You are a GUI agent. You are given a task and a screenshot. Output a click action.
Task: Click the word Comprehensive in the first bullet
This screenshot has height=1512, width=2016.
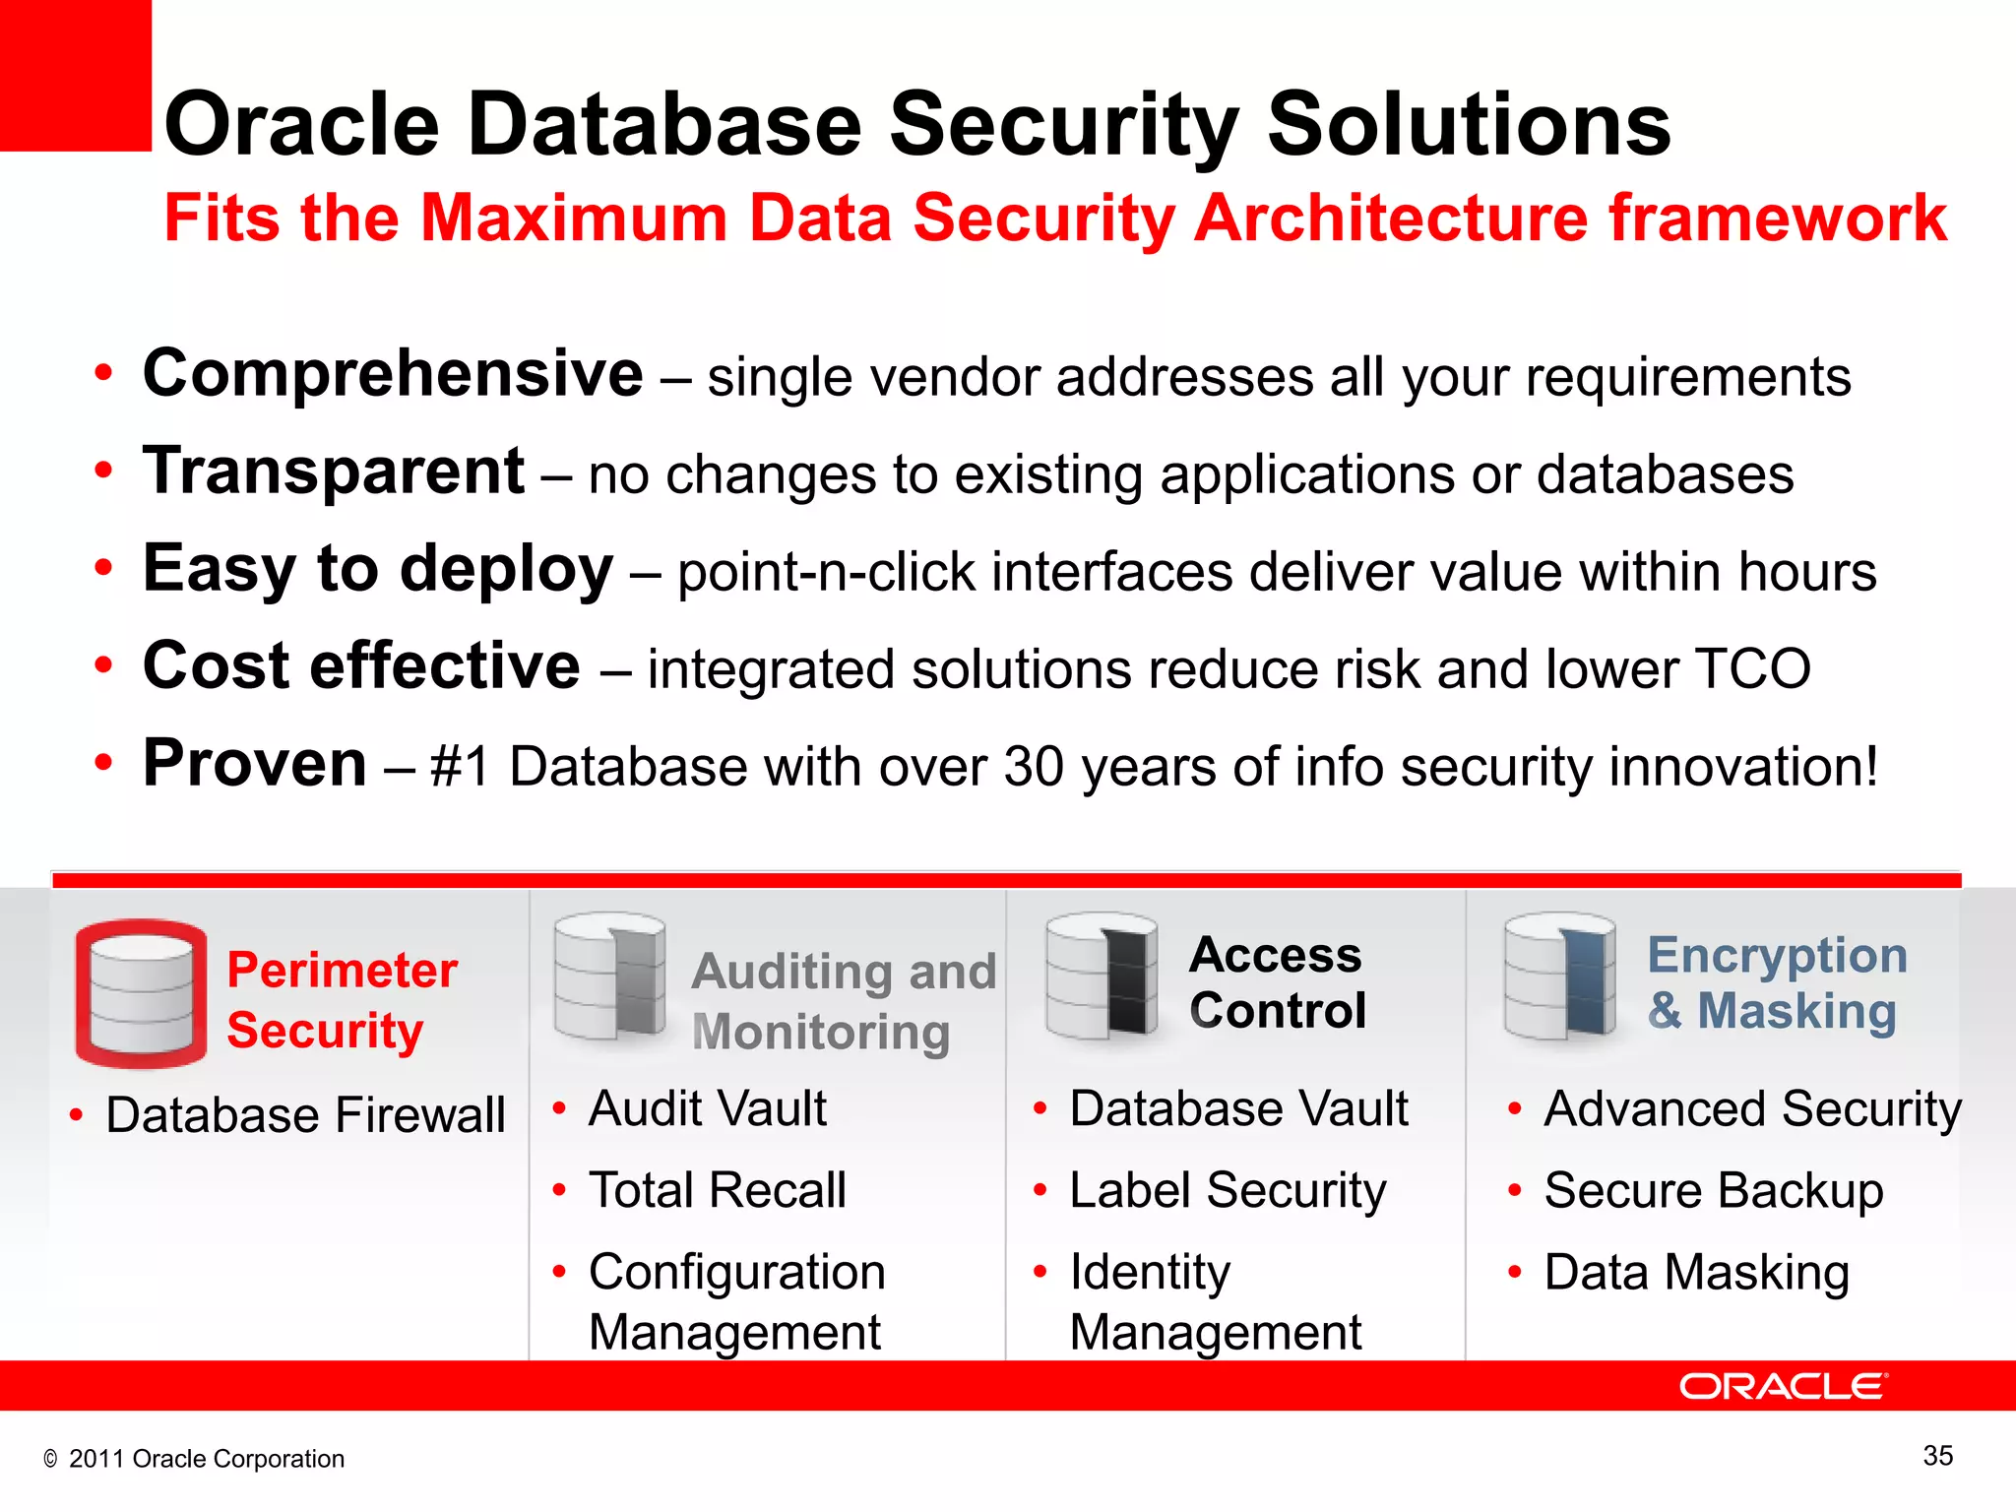[392, 374]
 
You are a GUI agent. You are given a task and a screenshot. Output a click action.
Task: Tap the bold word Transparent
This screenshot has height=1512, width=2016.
[334, 472]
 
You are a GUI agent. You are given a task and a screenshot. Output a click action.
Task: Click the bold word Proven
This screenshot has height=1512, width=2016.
[255, 764]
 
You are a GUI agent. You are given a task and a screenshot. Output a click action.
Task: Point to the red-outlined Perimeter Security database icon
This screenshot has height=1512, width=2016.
[141, 994]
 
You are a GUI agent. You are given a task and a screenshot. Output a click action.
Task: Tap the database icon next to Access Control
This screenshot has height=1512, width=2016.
[1101, 976]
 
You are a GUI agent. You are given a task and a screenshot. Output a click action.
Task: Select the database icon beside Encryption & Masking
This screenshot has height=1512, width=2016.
[1559, 976]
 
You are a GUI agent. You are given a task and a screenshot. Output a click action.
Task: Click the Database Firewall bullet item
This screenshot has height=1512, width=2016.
[305, 1115]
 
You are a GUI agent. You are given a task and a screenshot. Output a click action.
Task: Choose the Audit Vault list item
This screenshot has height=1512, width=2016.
[707, 1108]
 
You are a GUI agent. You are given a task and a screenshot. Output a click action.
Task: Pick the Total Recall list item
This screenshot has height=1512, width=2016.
[717, 1190]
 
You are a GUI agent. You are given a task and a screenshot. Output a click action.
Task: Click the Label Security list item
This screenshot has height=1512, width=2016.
[1227, 1190]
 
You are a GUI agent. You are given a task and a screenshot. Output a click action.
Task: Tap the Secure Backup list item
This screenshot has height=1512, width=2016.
[1713, 1190]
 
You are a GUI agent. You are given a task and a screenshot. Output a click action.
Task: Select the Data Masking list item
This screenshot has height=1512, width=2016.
[1696, 1272]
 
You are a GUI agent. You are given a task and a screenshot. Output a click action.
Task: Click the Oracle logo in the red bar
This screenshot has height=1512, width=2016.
[1782, 1386]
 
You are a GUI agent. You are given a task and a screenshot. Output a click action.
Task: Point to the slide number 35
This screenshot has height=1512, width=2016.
[1937, 1456]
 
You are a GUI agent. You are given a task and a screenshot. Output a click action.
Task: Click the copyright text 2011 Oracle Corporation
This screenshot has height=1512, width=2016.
[205, 1459]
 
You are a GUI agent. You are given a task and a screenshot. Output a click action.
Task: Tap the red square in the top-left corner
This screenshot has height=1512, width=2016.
[75, 75]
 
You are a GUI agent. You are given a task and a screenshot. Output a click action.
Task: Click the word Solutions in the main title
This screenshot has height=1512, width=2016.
[1468, 125]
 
